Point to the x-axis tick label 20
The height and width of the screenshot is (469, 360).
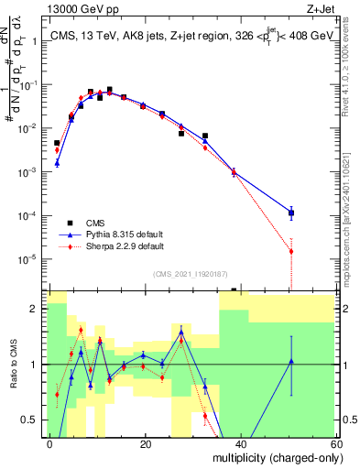coord(145,443)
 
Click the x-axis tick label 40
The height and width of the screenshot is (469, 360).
coord(240,443)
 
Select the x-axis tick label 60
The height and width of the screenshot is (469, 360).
coord(335,443)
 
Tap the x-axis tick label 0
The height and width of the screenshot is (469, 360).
coord(49,443)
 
